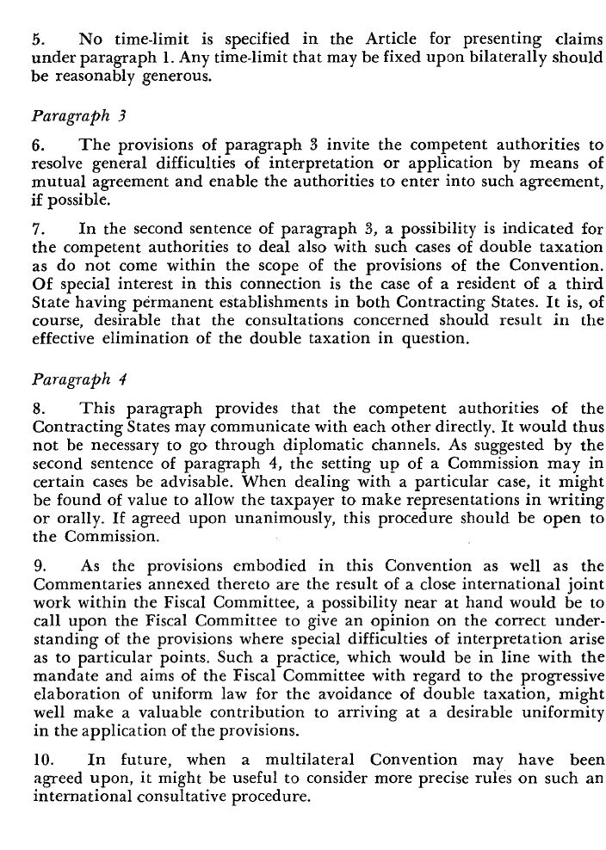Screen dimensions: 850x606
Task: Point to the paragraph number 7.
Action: (x=36, y=229)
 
